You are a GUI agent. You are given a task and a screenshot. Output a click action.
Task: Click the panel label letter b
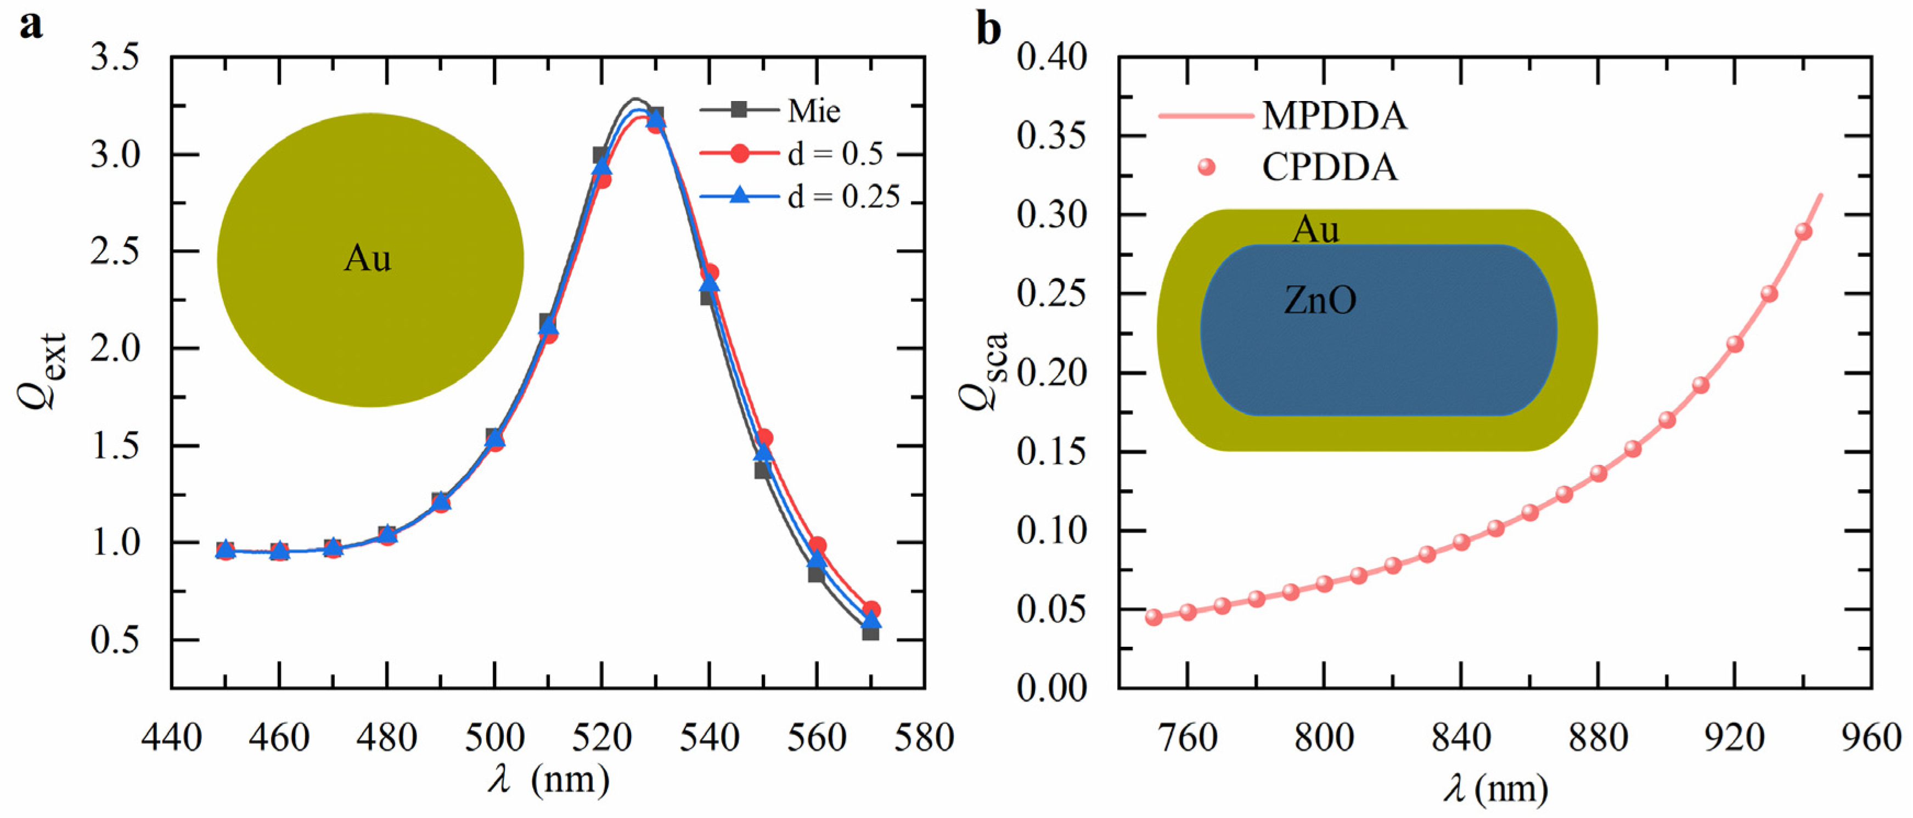coord(988,30)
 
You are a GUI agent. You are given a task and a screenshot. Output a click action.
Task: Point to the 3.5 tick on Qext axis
coord(115,57)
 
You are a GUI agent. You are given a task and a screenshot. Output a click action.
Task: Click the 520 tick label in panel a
coord(602,738)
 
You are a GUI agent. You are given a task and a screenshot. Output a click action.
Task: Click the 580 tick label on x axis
coord(923,738)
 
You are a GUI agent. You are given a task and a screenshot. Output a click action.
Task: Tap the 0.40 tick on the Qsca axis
coord(1051,57)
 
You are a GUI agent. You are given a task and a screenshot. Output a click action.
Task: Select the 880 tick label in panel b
coord(1598,738)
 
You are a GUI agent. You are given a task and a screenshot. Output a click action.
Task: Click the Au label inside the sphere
coord(367,259)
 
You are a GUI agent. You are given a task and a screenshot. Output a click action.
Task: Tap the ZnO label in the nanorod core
coord(1320,300)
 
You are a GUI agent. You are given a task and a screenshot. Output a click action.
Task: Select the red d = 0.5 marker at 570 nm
coord(872,610)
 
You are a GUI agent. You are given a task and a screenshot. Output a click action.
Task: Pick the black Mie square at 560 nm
coord(815,574)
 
